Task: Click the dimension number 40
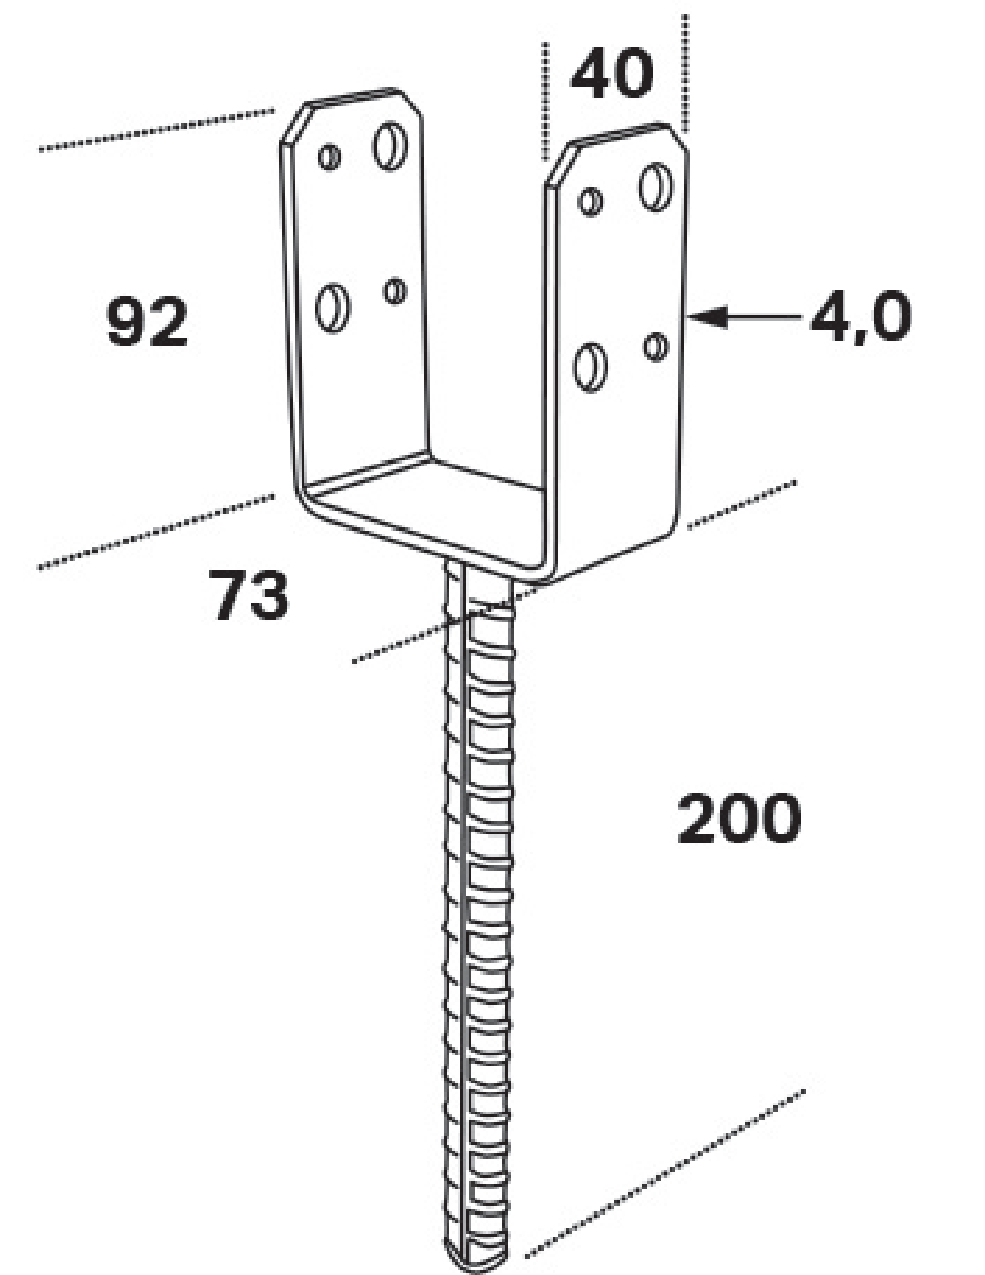click(x=612, y=73)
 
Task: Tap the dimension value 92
click(x=147, y=321)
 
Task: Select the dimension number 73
click(x=248, y=596)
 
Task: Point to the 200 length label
click(x=739, y=817)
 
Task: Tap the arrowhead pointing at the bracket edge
click(x=708, y=317)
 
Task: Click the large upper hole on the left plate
click(x=390, y=146)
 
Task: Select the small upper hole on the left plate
click(x=329, y=157)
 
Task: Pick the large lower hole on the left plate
click(x=333, y=308)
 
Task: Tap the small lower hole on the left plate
click(x=395, y=291)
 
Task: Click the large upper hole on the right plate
click(x=656, y=187)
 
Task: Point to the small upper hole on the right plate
click(x=591, y=201)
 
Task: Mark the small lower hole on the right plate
click(x=656, y=347)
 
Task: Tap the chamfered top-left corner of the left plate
click(x=294, y=123)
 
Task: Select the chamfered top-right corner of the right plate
click(x=677, y=137)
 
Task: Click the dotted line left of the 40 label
click(x=545, y=101)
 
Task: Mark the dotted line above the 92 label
click(x=157, y=129)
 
